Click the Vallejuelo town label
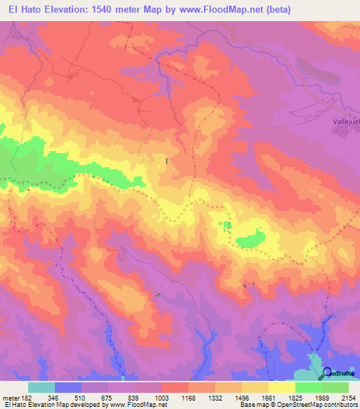tap(345, 120)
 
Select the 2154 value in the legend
tap(348, 397)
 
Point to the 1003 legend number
tap(161, 397)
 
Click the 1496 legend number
tap(241, 397)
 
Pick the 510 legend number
tap(82, 397)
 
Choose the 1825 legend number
tap(295, 397)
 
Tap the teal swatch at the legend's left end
tap(41, 387)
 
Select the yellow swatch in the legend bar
tap(281, 387)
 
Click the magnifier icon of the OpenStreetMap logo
tap(327, 372)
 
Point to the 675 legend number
tap(108, 397)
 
